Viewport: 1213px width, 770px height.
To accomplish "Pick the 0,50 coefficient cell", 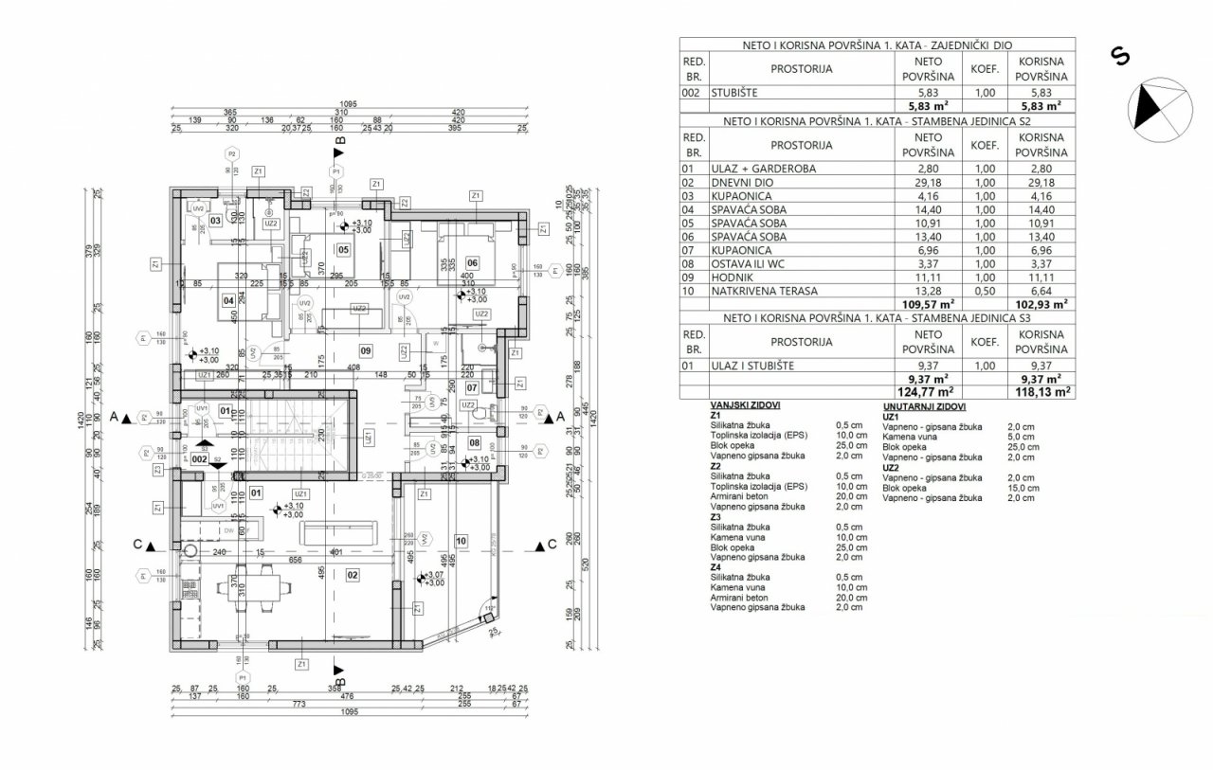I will [985, 290].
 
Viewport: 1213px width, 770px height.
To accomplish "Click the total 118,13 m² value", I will [1044, 389].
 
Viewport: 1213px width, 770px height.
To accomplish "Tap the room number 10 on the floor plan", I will [462, 541].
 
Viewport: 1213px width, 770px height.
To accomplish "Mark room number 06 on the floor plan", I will [472, 263].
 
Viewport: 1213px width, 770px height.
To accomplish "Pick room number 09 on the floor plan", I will [365, 351].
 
